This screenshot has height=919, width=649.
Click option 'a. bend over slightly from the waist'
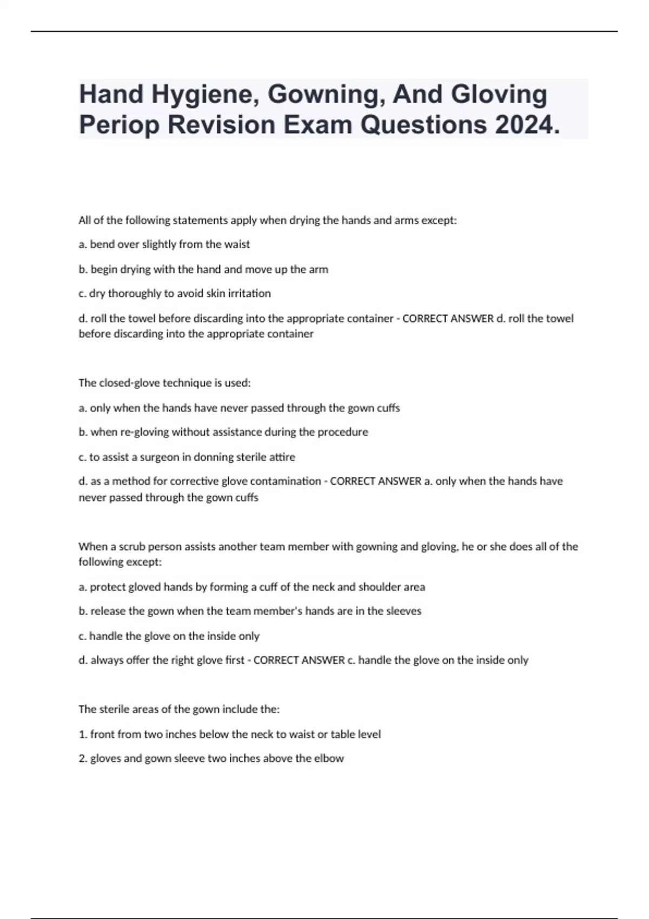pos(164,244)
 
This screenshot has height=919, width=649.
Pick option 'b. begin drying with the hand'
pos(203,269)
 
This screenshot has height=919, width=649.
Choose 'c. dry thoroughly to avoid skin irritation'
pos(175,294)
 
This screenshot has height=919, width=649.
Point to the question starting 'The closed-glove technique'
pos(164,383)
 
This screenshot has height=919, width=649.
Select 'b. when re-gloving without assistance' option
pos(223,432)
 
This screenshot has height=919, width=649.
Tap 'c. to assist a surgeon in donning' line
pos(187,457)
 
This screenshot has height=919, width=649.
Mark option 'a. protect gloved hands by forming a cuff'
pos(251,587)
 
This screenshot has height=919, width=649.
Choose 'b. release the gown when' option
pos(250,611)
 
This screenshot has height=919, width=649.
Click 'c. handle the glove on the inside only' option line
pos(169,636)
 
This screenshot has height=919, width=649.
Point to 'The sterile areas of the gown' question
pos(178,709)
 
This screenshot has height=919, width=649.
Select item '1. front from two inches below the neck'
pos(229,734)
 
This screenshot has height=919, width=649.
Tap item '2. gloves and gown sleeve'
pos(211,758)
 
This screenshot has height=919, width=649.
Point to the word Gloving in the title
pos(499,95)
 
